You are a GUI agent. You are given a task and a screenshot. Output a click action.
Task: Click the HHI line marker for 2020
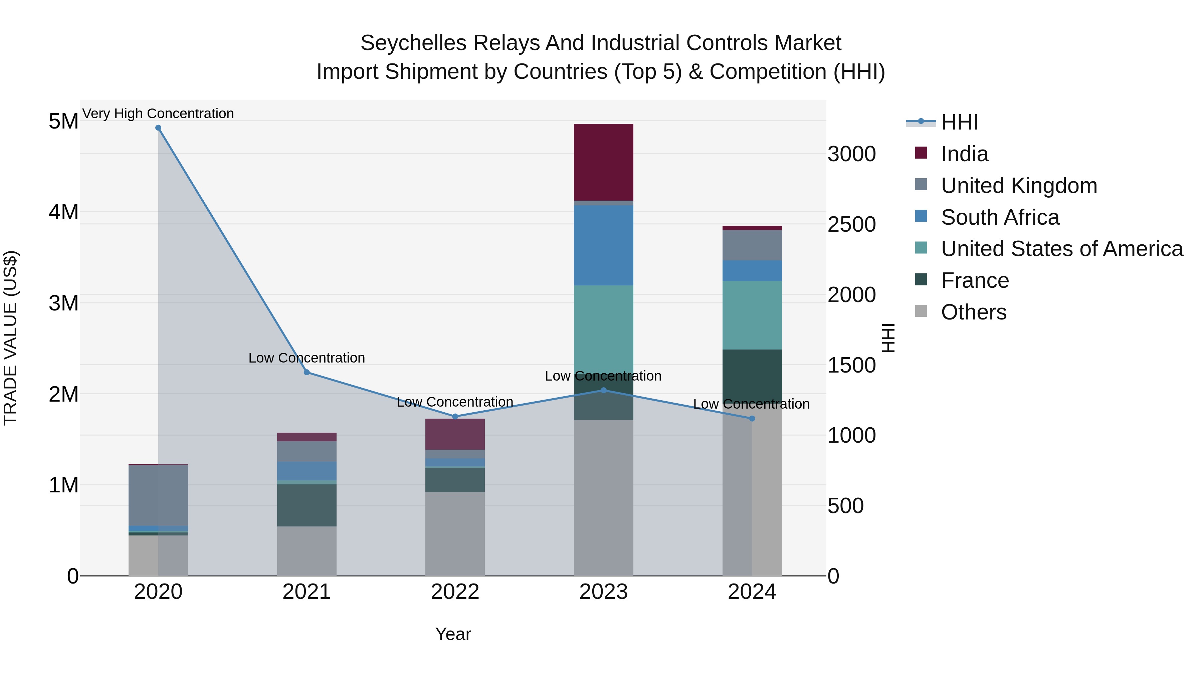(158, 128)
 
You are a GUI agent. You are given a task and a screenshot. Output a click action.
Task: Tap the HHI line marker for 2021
(307, 372)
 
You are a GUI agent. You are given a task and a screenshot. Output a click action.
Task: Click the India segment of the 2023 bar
(603, 162)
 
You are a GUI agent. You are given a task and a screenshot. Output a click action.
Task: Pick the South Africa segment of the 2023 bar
(603, 245)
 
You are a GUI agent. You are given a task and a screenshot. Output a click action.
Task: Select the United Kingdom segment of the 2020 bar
(158, 495)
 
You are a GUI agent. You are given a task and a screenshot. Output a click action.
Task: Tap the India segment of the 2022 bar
(455, 434)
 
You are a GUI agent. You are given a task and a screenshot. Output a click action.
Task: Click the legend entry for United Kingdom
(1019, 186)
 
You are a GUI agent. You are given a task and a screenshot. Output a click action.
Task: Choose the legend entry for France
(975, 280)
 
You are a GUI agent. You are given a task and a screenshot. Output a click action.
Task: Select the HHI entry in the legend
(959, 122)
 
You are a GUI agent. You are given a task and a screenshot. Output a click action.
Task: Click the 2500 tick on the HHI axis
(851, 224)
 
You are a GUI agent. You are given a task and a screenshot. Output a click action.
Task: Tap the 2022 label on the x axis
(455, 592)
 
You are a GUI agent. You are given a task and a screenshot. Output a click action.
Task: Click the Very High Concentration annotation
(158, 114)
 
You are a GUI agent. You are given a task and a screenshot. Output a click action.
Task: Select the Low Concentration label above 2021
(307, 358)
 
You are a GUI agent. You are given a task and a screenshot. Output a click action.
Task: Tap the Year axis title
(453, 634)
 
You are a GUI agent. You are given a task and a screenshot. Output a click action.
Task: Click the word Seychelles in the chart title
(413, 43)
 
